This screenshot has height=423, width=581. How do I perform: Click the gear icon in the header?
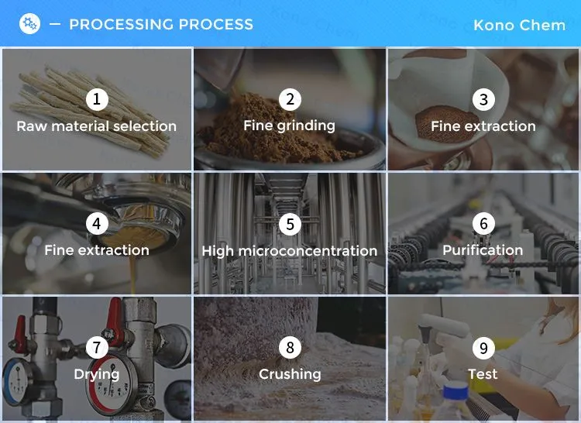click(x=29, y=24)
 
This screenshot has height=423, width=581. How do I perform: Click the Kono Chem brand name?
click(x=520, y=26)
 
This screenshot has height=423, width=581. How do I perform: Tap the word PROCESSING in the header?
click(x=122, y=25)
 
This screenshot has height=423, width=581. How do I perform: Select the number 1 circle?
click(x=97, y=99)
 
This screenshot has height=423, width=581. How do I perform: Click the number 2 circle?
click(x=290, y=99)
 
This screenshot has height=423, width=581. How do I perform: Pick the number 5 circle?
click(x=290, y=224)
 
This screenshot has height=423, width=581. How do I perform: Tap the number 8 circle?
click(x=290, y=347)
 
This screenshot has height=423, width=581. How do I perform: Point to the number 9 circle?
click(x=483, y=348)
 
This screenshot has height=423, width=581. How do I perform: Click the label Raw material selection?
click(x=97, y=126)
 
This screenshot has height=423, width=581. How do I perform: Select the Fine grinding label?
click(x=290, y=126)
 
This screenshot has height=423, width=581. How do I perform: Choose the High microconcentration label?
click(x=290, y=251)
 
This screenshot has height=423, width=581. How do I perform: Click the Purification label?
click(x=483, y=250)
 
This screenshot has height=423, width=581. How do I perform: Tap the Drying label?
click(x=97, y=374)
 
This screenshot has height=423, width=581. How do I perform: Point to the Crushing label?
click(x=290, y=374)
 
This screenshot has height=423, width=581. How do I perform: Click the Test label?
click(x=483, y=374)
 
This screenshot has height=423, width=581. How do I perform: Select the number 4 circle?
click(x=97, y=223)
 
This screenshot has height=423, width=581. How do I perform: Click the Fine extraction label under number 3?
click(x=483, y=126)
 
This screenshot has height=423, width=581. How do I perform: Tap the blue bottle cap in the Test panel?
click(x=456, y=390)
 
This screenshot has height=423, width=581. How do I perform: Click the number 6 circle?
click(x=483, y=223)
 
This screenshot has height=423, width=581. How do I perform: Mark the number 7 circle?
click(x=97, y=347)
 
